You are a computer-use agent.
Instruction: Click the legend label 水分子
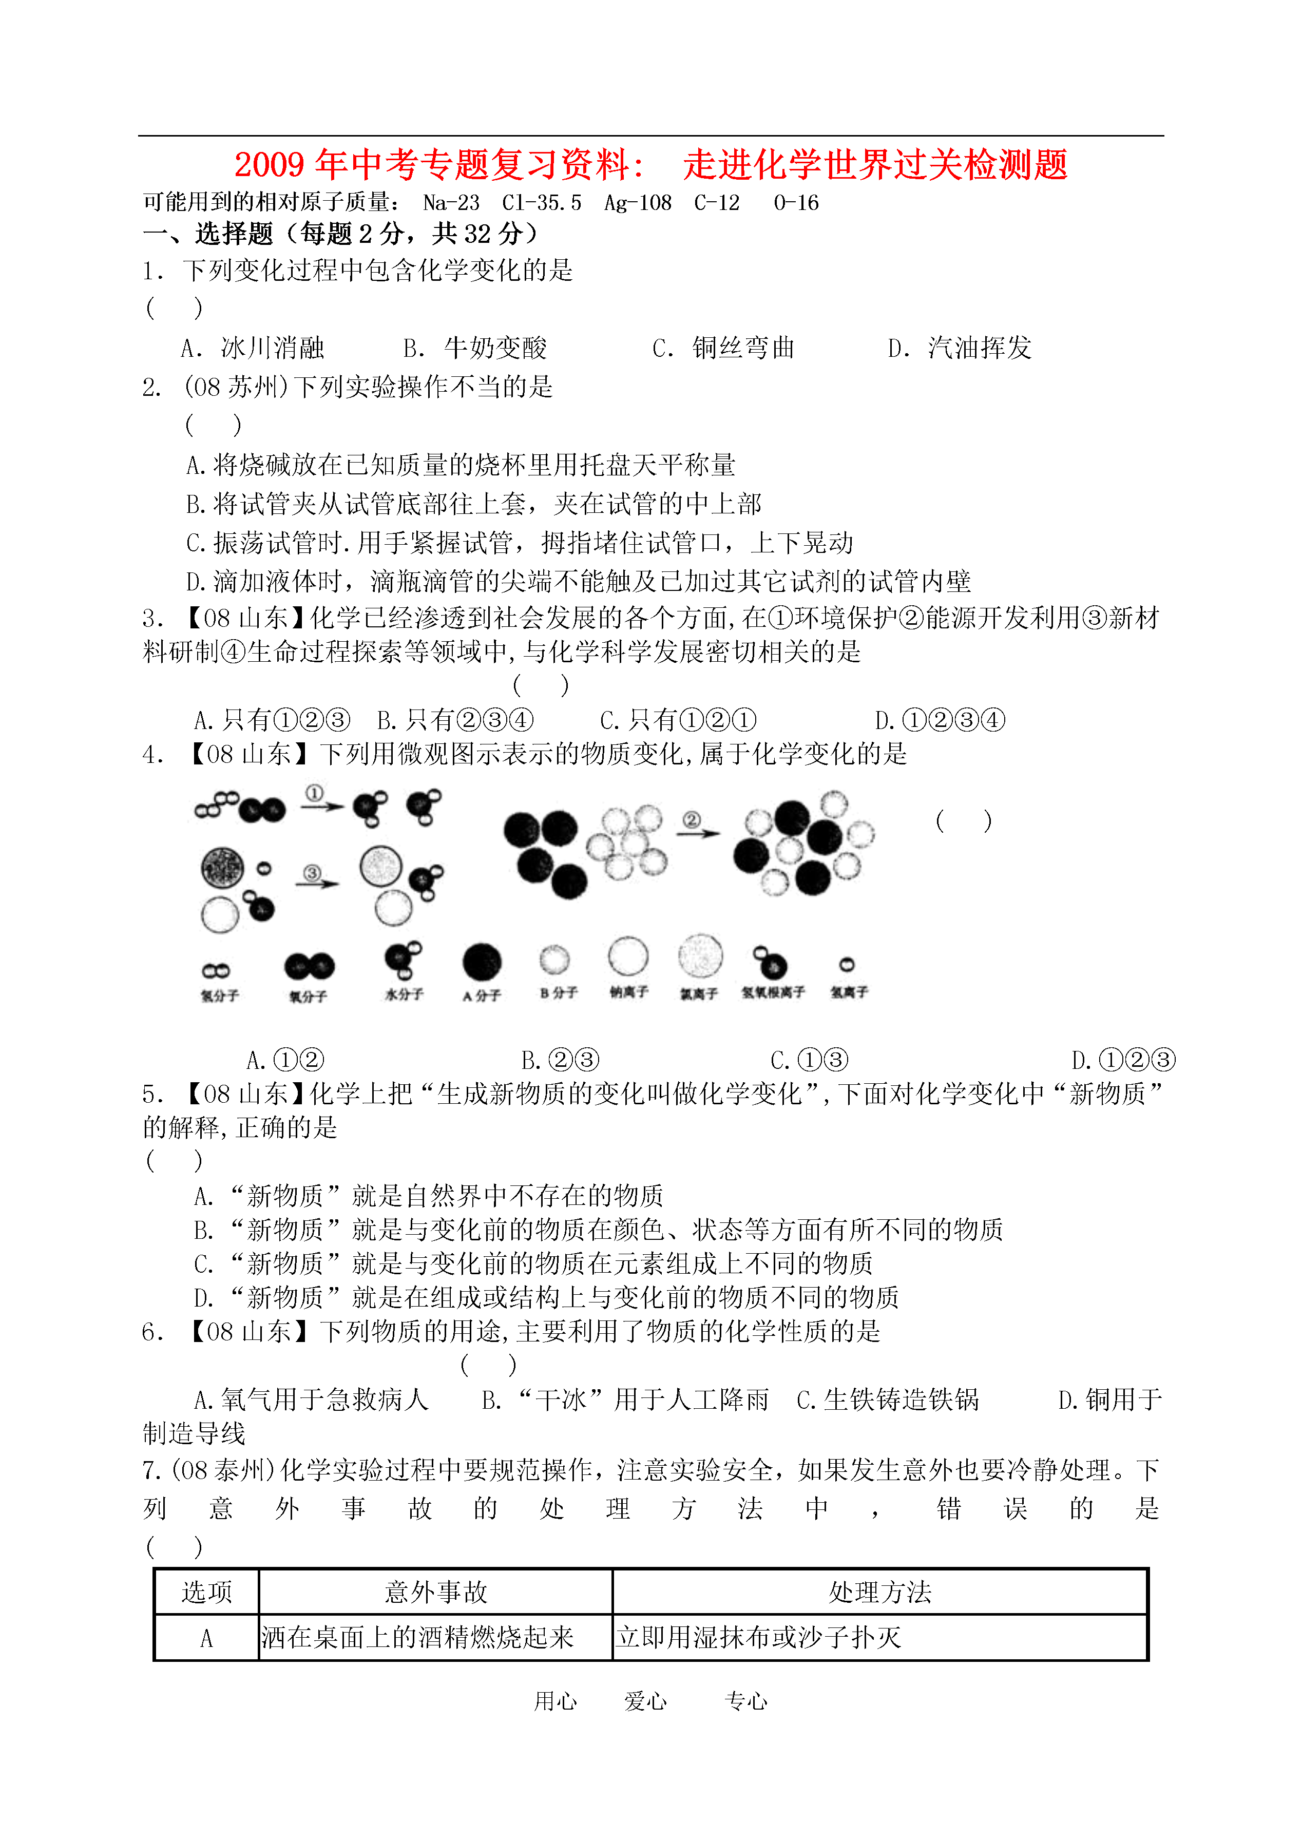coord(404,994)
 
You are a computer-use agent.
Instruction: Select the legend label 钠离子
coord(628,992)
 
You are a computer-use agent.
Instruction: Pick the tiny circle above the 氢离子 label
coord(847,965)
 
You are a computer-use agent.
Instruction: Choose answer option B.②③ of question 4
coord(560,1060)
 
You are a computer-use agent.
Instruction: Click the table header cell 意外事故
coord(435,1592)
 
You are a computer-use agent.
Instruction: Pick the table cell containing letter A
coord(206,1638)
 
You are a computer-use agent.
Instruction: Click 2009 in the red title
coord(270,165)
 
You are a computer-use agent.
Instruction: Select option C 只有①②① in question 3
coord(678,720)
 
